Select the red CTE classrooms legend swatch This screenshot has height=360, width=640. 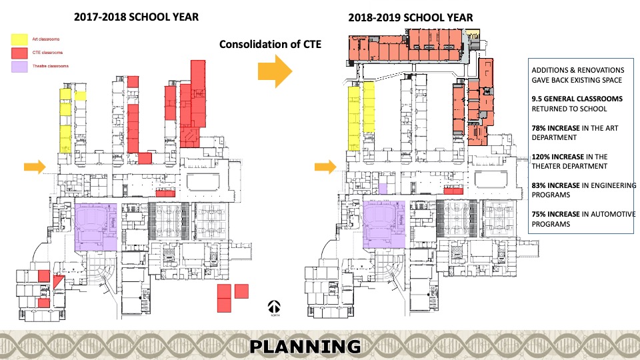20,53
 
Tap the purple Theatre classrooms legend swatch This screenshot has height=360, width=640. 20,67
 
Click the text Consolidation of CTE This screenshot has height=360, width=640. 270,44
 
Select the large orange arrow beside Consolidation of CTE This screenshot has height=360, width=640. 275,70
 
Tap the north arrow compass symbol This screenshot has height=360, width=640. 274,307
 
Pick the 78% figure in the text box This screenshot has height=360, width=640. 539,127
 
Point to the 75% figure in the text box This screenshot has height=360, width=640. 539,214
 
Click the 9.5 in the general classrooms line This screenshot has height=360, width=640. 537,99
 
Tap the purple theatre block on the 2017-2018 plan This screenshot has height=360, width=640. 96,227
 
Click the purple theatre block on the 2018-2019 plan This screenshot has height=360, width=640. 383,223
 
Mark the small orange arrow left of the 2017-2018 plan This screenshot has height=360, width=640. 34,166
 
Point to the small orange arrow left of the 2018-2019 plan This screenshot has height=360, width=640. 325,166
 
